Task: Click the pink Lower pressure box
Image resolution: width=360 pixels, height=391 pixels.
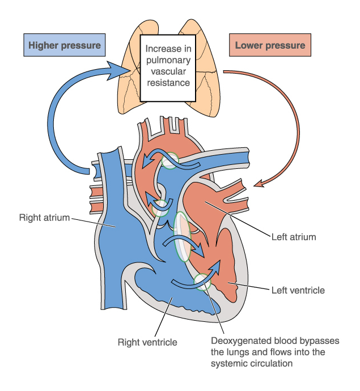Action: pos(269,45)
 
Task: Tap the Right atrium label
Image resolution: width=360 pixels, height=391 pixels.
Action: pos(44,217)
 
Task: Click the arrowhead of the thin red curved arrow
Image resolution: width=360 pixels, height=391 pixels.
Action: pos(259,184)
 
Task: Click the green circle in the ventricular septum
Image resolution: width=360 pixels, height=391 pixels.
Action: pos(202,281)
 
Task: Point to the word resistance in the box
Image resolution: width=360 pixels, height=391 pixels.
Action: pos(168,83)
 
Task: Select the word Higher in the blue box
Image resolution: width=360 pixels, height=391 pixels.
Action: pos(46,45)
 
